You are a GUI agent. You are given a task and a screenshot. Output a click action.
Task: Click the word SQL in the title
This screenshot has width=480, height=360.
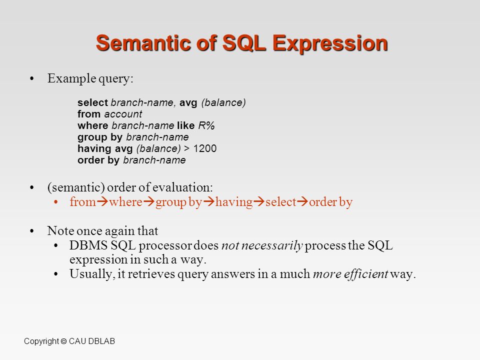pyautogui.click(x=244, y=43)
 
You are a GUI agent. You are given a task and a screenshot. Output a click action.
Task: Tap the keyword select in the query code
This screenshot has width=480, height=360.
pyautogui.click(x=93, y=102)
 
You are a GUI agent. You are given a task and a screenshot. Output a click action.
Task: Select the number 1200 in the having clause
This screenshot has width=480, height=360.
pyautogui.click(x=205, y=148)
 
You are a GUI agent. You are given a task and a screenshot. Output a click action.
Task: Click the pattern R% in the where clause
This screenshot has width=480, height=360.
pyautogui.click(x=206, y=125)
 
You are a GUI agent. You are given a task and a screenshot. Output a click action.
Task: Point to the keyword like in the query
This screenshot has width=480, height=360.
pyautogui.click(x=186, y=125)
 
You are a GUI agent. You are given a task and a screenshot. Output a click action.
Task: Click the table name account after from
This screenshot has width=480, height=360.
pyautogui.click(x=123, y=114)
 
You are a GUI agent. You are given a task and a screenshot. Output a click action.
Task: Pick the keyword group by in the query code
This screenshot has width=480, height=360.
pyautogui.click(x=100, y=137)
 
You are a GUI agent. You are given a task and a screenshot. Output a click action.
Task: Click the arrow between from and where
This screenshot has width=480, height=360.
pyautogui.click(x=102, y=201)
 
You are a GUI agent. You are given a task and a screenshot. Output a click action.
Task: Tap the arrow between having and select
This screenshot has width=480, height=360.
pyautogui.click(x=259, y=201)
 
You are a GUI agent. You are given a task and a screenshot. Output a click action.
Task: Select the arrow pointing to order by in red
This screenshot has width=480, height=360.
pyautogui.click(x=303, y=201)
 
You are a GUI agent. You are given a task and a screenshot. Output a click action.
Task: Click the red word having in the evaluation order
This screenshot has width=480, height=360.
pyautogui.click(x=234, y=202)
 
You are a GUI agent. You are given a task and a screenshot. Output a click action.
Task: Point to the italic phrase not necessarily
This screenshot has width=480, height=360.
pyautogui.click(x=262, y=245)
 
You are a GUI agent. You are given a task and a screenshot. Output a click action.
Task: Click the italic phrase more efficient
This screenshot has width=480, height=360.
pyautogui.click(x=350, y=273)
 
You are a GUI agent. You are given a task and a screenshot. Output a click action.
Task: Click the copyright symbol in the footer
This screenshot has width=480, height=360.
pyautogui.click(x=63, y=341)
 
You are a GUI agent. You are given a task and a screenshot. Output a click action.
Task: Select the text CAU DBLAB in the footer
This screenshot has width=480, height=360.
pyautogui.click(x=92, y=341)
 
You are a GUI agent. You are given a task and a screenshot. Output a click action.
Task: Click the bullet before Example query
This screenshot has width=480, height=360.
pyautogui.click(x=32, y=78)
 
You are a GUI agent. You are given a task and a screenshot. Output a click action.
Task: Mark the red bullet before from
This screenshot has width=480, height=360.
pyautogui.click(x=55, y=202)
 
